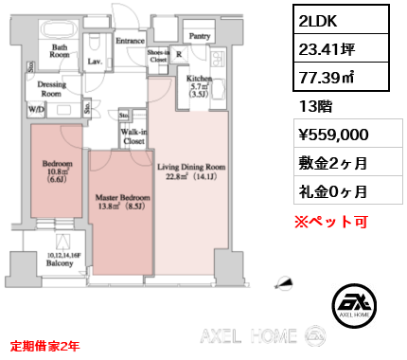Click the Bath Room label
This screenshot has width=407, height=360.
point(60,50)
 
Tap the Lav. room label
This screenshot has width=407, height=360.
point(95,62)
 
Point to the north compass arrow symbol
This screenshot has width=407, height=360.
point(283,282)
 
